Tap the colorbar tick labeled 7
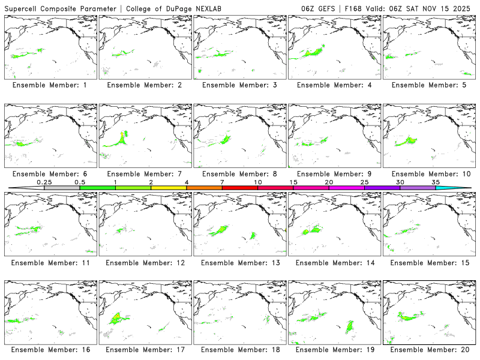(222, 182)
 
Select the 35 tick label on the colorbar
(436, 182)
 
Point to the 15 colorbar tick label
(293, 182)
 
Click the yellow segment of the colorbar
(169, 188)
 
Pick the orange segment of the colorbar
(204, 188)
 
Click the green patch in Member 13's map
(220, 229)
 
